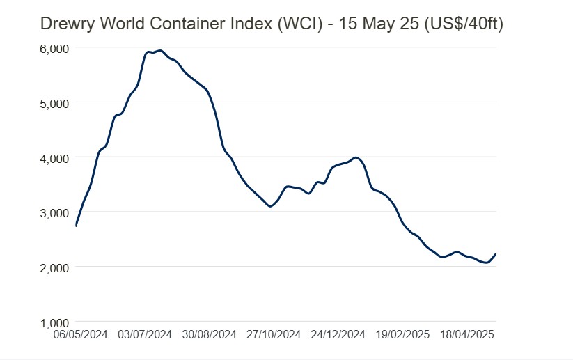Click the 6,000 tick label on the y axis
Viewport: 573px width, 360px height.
[53, 48]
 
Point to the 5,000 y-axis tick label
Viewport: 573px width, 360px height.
[53, 103]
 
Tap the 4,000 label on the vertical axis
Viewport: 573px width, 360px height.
[53, 158]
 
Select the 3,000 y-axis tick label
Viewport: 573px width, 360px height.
[53, 212]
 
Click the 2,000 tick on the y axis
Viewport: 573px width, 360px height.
[53, 267]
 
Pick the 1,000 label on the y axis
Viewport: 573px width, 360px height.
[53, 322]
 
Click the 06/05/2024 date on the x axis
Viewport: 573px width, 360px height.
[81, 335]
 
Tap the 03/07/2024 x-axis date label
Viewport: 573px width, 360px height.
[145, 335]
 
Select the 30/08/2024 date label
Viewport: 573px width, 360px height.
[210, 335]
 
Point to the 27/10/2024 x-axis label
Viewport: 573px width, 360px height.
[273, 335]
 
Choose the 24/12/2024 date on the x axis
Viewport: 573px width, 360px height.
[338, 335]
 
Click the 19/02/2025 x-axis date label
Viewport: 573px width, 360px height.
[402, 335]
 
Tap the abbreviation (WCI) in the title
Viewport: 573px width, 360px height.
[300, 24]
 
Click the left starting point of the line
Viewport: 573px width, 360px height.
[75, 226]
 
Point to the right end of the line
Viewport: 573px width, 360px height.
[495, 254]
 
